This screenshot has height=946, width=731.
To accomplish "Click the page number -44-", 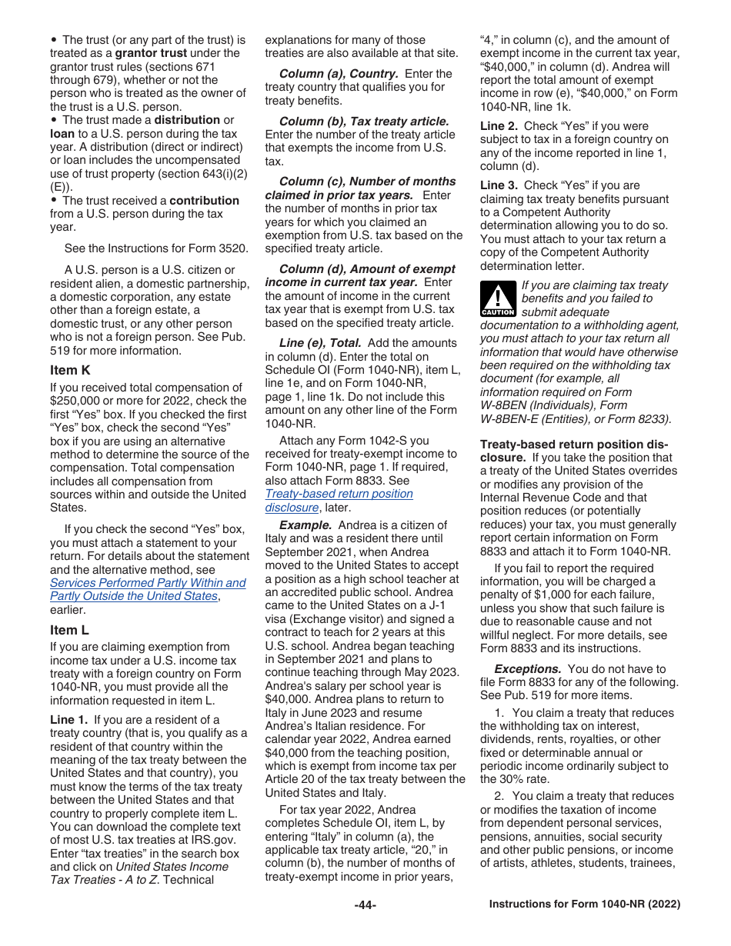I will click(x=365, y=905).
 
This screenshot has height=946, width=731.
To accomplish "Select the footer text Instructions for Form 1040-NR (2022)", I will click(x=585, y=904).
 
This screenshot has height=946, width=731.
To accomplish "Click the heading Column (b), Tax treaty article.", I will click(x=364, y=122).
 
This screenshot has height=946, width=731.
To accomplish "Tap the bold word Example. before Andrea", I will click(x=301, y=525).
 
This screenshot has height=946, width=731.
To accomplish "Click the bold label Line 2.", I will click(x=499, y=126).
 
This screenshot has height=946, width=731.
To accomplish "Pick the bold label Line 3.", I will click(x=499, y=185).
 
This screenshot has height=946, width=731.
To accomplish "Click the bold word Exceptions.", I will click(x=527, y=669).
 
